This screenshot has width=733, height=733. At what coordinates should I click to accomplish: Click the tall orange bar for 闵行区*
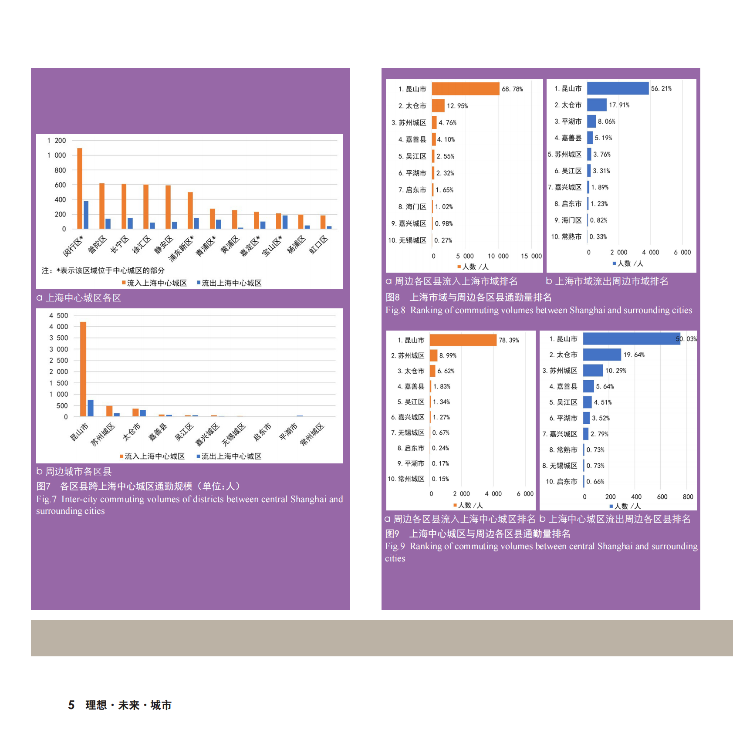(80, 188)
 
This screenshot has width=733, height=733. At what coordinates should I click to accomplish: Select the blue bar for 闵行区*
(86, 215)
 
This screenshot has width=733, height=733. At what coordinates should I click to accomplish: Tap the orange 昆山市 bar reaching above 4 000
(83, 369)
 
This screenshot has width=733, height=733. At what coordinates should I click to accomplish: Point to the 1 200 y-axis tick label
(57, 141)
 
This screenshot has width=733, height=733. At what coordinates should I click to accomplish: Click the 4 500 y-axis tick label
(58, 315)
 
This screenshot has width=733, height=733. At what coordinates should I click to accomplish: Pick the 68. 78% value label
(512, 89)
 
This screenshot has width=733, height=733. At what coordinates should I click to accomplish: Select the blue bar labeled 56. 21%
(618, 88)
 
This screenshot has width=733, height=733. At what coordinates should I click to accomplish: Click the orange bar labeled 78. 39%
(463, 340)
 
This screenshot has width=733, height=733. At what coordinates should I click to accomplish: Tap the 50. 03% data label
(686, 339)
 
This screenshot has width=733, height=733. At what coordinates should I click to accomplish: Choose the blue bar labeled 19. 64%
(602, 355)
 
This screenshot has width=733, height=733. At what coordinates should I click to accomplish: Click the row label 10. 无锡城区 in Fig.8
(407, 240)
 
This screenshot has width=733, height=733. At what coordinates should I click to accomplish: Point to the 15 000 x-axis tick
(531, 256)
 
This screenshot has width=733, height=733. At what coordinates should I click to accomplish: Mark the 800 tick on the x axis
(688, 497)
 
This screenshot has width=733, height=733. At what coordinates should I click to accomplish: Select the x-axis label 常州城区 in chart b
(312, 434)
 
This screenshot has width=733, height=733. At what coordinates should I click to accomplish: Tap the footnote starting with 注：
(103, 270)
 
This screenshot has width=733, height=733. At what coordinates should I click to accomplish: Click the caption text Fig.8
(395, 310)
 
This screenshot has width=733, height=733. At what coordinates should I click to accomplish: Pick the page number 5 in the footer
(71, 705)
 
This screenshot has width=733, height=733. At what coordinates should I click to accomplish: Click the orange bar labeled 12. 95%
(438, 106)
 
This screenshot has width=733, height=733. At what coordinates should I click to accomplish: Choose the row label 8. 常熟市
(563, 450)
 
